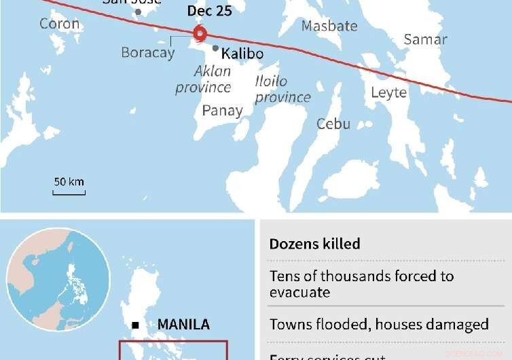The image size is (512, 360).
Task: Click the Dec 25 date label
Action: pos(209,12)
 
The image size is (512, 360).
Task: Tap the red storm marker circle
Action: pos(200,33)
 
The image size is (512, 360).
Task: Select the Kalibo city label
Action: pos(242,54)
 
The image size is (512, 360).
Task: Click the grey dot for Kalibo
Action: pos(215,48)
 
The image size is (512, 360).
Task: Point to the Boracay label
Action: pos(147,52)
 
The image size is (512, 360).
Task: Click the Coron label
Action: pos(59,24)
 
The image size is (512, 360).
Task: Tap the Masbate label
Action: pos(329,26)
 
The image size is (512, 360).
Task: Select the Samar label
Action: pos(425,39)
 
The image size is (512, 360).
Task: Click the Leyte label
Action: pos(388,92)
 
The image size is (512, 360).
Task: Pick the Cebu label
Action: pos(333,124)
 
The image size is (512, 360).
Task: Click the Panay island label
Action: pos(222,110)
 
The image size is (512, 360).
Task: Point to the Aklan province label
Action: pos(203,79)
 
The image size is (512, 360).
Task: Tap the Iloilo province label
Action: pos(282,89)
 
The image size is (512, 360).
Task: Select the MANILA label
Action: pos(183,325)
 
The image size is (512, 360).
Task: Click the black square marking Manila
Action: pos(136,325)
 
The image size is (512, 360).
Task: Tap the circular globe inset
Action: pos(58,279)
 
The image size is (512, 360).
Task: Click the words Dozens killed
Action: pos(314,244)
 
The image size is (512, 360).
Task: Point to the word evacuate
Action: pos(299,293)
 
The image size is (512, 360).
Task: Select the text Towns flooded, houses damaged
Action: pos(378,325)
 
